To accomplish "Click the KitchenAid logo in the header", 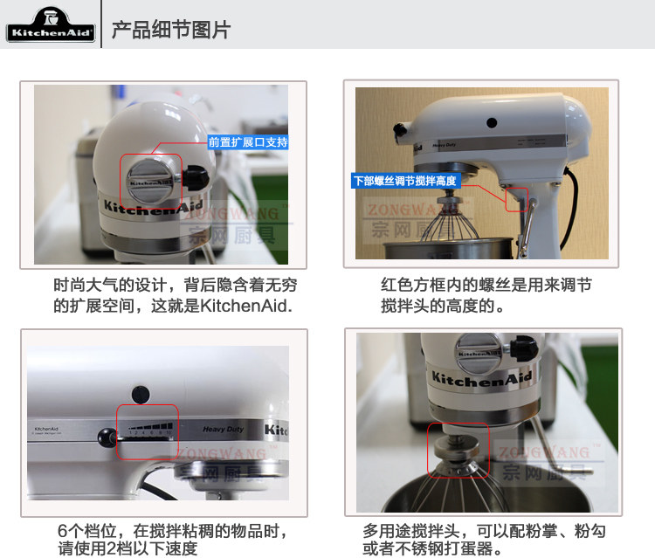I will (49, 27).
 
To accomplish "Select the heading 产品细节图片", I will (171, 30).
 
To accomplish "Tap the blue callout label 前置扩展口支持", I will (247, 141).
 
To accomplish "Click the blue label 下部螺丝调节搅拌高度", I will (403, 182).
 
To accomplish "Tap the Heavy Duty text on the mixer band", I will (222, 430).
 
